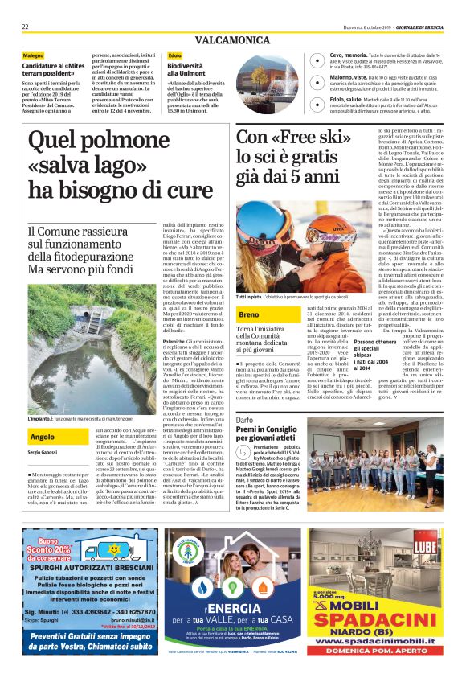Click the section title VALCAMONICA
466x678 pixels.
pos(232,39)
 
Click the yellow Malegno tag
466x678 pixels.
pos(34,55)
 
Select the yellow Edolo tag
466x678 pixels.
pos(175,55)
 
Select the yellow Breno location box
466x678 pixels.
pos(250,314)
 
